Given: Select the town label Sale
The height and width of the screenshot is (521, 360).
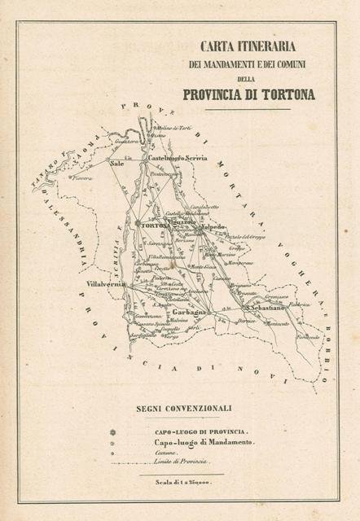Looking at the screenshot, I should (116, 163).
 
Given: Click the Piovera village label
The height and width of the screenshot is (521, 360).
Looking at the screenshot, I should (81, 177).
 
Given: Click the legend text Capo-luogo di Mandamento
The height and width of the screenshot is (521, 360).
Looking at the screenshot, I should (203, 440).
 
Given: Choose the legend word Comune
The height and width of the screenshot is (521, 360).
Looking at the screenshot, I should (167, 451).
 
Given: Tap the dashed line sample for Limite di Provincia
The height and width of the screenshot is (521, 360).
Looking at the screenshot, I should (130, 462).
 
